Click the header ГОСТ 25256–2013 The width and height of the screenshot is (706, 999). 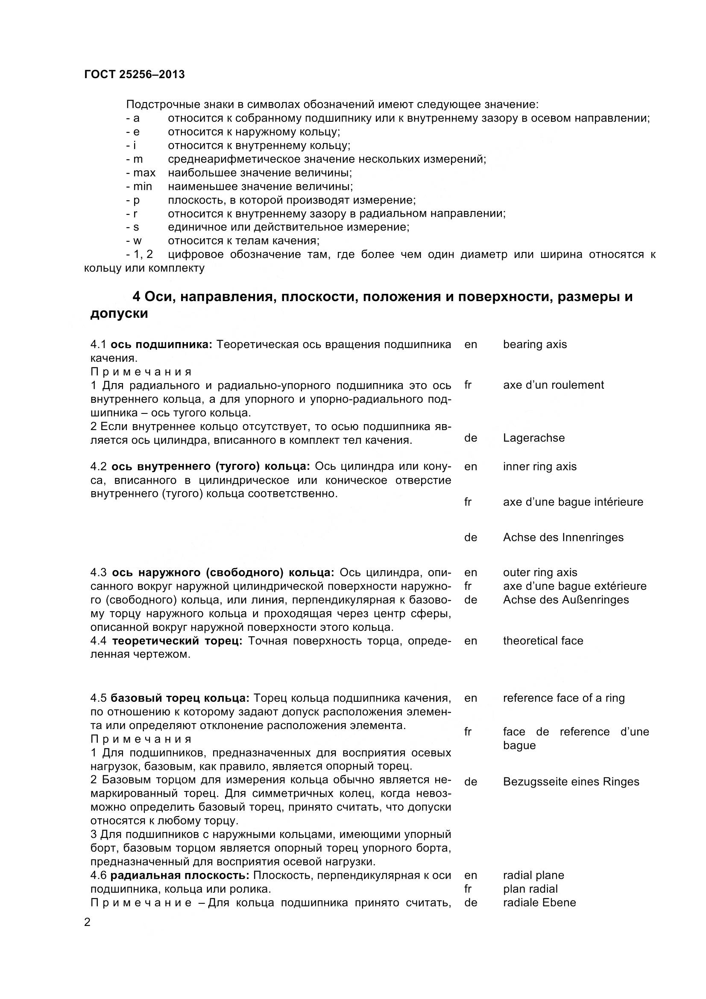point(135,74)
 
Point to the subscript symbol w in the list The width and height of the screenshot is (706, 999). point(137,240)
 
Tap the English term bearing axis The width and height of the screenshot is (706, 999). point(535,344)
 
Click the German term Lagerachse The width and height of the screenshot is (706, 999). point(534,438)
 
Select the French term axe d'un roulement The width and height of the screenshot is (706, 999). point(554,385)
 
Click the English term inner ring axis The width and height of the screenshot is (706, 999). point(539,466)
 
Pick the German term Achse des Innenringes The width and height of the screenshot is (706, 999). point(563,537)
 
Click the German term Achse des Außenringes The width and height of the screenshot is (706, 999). point(565,600)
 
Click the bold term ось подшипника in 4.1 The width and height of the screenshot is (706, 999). point(161,344)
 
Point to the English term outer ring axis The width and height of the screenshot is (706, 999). point(540,573)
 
